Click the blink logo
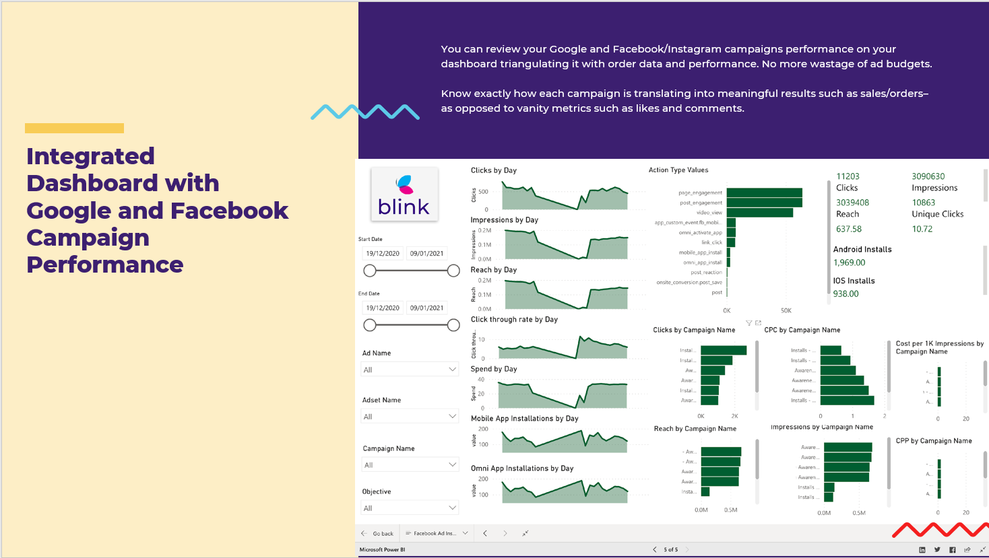(x=404, y=195)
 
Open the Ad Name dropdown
(x=410, y=370)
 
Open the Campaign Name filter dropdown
(x=410, y=465)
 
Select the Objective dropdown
(x=410, y=508)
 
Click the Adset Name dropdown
(x=410, y=417)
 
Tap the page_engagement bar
(x=764, y=193)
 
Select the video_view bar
(x=759, y=213)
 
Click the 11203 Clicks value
(x=848, y=176)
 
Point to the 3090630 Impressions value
(x=928, y=176)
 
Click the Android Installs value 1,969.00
(x=849, y=263)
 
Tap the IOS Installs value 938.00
(x=846, y=293)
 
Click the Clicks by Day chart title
(x=493, y=170)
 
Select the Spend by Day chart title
(x=493, y=369)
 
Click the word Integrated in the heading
(x=90, y=156)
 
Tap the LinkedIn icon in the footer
(x=922, y=550)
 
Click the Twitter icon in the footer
(x=937, y=550)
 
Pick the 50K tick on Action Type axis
(x=786, y=311)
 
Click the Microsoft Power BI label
(x=382, y=550)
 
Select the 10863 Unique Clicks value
(x=924, y=203)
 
